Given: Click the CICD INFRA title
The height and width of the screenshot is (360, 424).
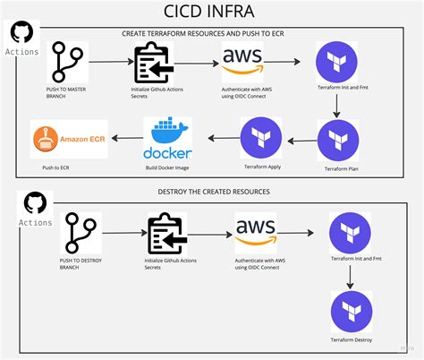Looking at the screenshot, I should (212, 12).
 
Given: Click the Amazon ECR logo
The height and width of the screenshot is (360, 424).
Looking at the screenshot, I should (69, 139).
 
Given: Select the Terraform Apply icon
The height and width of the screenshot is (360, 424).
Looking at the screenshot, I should (261, 139).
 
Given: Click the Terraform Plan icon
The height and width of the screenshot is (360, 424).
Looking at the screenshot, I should (338, 140).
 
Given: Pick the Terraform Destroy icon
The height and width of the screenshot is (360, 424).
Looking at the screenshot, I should (351, 310).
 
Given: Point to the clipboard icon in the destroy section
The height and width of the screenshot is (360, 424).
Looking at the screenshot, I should (165, 234).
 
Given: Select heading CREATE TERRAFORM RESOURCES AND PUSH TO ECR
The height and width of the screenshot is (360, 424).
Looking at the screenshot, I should (212, 33).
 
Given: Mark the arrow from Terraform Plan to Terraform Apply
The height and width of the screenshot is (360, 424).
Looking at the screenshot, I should (300, 139).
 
